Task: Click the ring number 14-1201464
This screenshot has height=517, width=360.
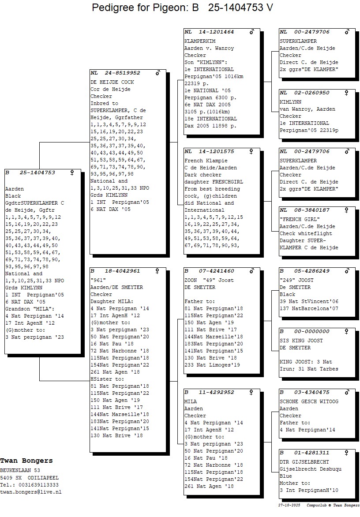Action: click(216, 32)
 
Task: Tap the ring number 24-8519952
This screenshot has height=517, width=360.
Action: click(122, 73)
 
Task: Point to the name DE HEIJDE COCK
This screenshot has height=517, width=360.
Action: click(112, 82)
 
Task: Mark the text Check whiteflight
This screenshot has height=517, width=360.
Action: click(305, 233)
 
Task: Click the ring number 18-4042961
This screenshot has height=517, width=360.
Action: click(122, 271)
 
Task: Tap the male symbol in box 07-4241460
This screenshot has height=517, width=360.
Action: click(252, 271)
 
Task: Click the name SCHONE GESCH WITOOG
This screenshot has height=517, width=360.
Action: click(309, 401)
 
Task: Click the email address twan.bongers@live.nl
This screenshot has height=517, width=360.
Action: click(30, 492)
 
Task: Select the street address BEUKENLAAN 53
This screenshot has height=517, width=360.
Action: click(20, 470)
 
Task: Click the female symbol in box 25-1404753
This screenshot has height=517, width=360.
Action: click(72, 173)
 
